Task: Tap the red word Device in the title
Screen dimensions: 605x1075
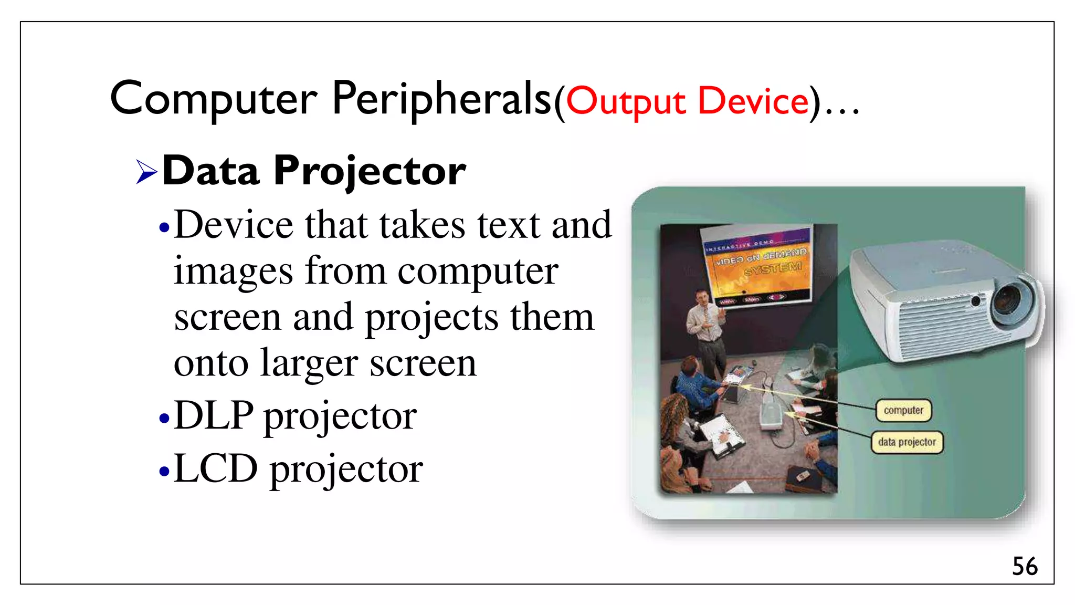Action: pos(753,101)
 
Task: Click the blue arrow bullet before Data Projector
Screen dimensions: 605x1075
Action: pos(146,172)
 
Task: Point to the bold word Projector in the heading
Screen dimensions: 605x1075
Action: pos(370,172)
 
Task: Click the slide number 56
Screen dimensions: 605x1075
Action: pos(1024,567)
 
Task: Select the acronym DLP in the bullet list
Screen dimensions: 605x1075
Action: pos(214,415)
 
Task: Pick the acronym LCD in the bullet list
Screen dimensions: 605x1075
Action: pos(216,468)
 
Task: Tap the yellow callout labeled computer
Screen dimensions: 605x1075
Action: pos(903,410)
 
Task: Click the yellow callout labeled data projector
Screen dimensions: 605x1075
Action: pos(907,442)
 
